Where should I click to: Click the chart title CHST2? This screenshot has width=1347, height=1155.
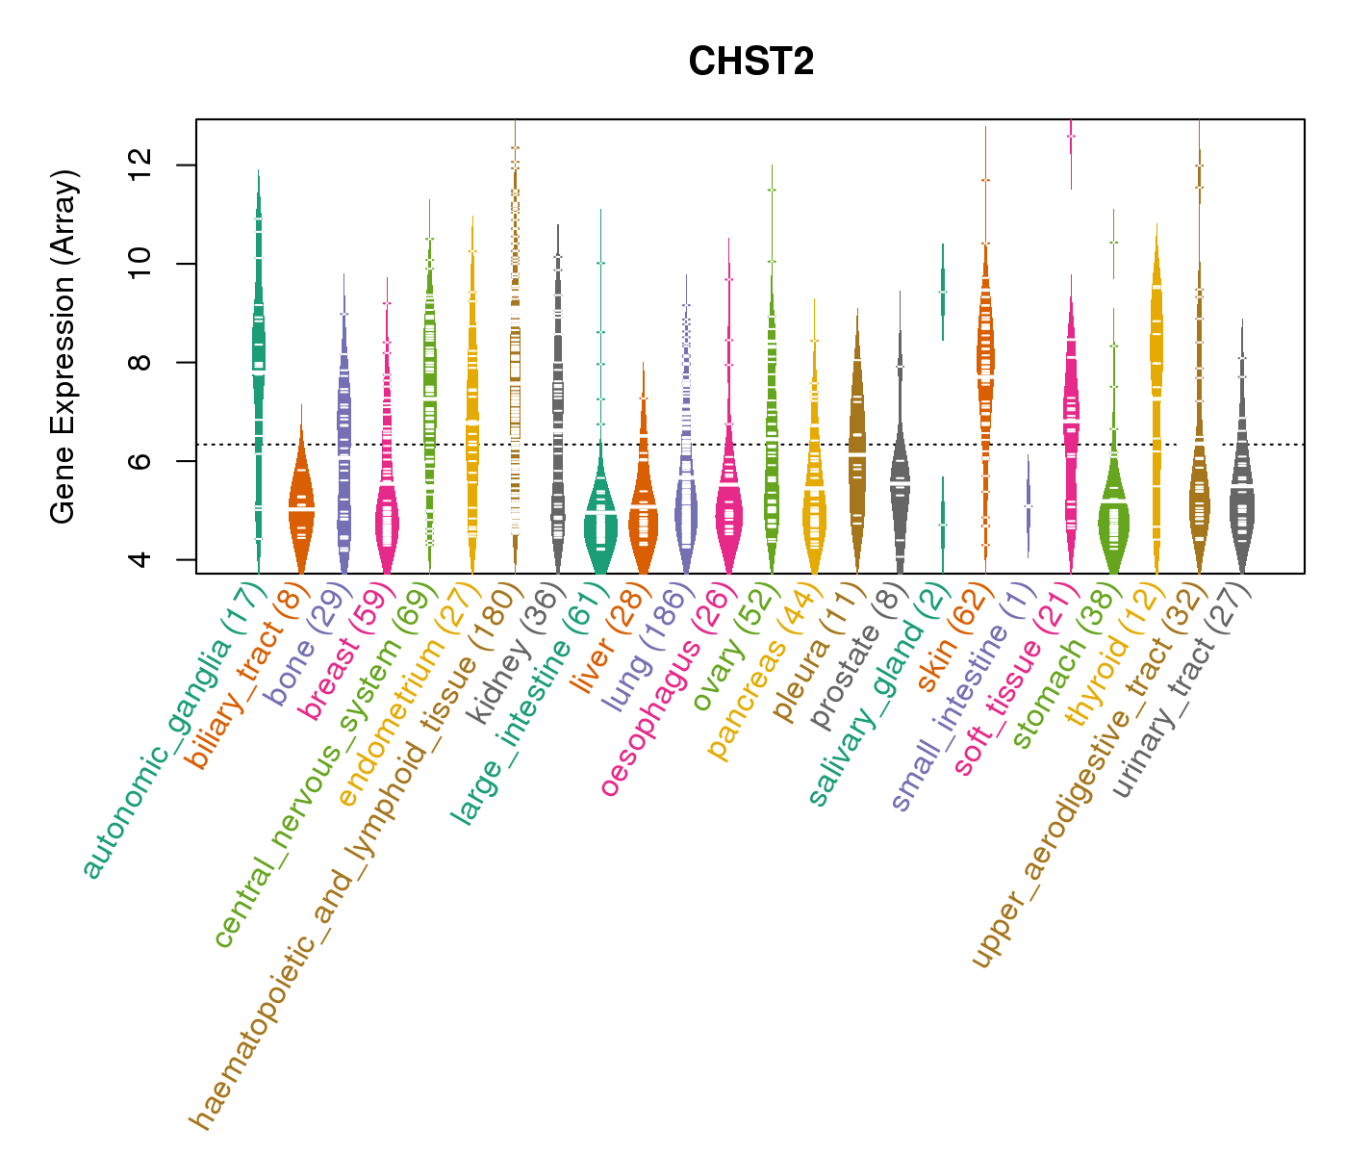(750, 63)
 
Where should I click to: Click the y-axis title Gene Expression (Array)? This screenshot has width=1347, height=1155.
(64, 346)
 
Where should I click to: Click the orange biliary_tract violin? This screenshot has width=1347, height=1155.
(301, 510)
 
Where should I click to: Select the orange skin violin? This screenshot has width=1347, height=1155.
(985, 366)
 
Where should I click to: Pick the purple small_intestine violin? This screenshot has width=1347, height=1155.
(1029, 505)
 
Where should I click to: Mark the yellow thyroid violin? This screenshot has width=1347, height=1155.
(1156, 366)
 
